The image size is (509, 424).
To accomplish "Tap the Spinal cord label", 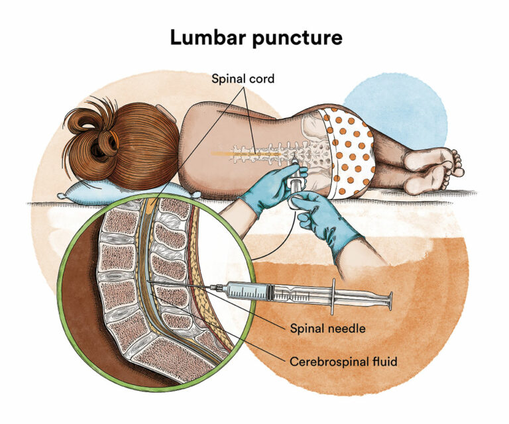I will (x=243, y=79).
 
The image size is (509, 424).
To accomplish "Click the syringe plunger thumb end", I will (x=389, y=301).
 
